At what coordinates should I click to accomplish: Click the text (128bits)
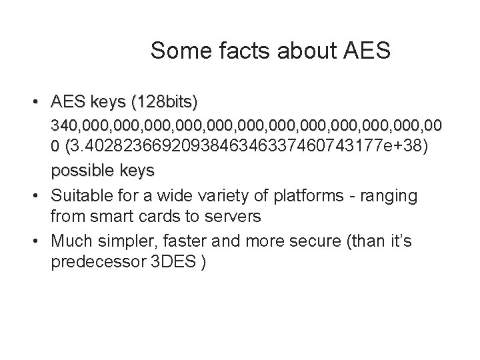pyautogui.click(x=165, y=103)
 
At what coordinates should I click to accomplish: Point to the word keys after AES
pyautogui.click(x=109, y=103)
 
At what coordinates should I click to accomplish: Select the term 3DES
pyautogui.click(x=179, y=261)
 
